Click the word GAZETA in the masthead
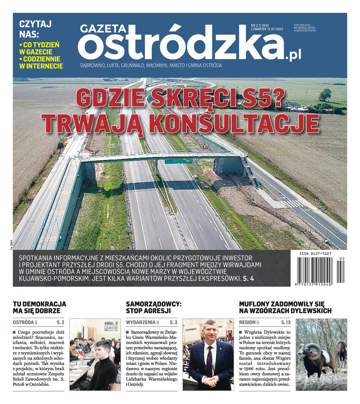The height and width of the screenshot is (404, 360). [x=103, y=29]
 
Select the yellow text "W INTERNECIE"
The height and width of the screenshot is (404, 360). [x=41, y=66]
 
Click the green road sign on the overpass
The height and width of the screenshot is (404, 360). [x=178, y=161]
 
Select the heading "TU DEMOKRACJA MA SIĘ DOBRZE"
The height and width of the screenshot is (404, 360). [x=39, y=307]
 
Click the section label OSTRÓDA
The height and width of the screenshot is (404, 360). [x=23, y=322]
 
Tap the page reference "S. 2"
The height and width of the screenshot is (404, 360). [x=61, y=322]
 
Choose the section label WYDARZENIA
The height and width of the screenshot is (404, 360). [x=141, y=322]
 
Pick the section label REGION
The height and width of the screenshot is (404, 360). [x=247, y=322]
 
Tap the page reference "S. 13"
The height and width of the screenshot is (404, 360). [x=286, y=322]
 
